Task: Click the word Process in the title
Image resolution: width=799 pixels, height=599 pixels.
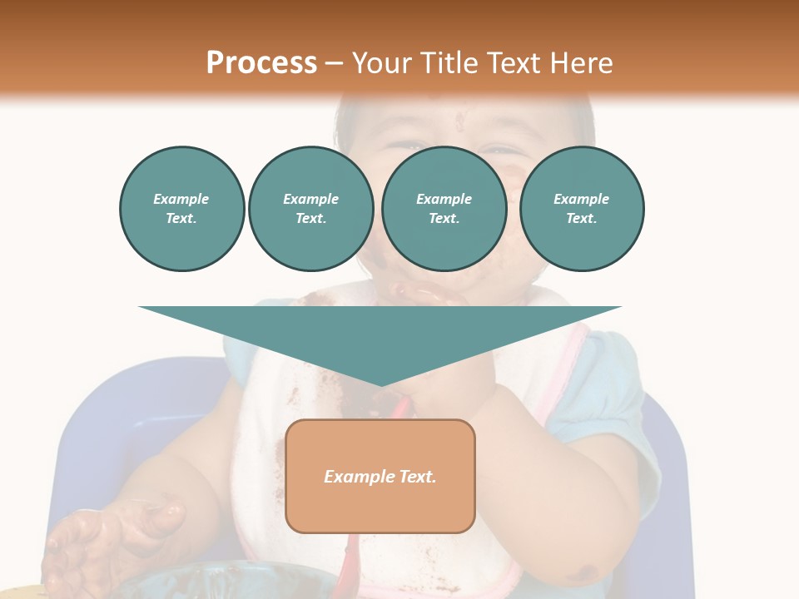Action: [261, 63]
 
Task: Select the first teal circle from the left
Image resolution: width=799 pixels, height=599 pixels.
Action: [181, 209]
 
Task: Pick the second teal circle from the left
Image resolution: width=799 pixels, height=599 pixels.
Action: [310, 209]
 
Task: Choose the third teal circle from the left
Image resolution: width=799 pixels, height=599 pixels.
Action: [444, 209]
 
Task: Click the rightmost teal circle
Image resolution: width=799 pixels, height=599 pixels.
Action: [581, 209]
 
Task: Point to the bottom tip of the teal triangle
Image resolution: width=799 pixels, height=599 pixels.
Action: [380, 384]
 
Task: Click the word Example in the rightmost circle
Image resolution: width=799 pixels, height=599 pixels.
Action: [581, 199]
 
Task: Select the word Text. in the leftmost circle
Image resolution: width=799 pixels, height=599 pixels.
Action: [181, 219]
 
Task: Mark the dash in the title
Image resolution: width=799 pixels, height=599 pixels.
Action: [335, 63]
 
